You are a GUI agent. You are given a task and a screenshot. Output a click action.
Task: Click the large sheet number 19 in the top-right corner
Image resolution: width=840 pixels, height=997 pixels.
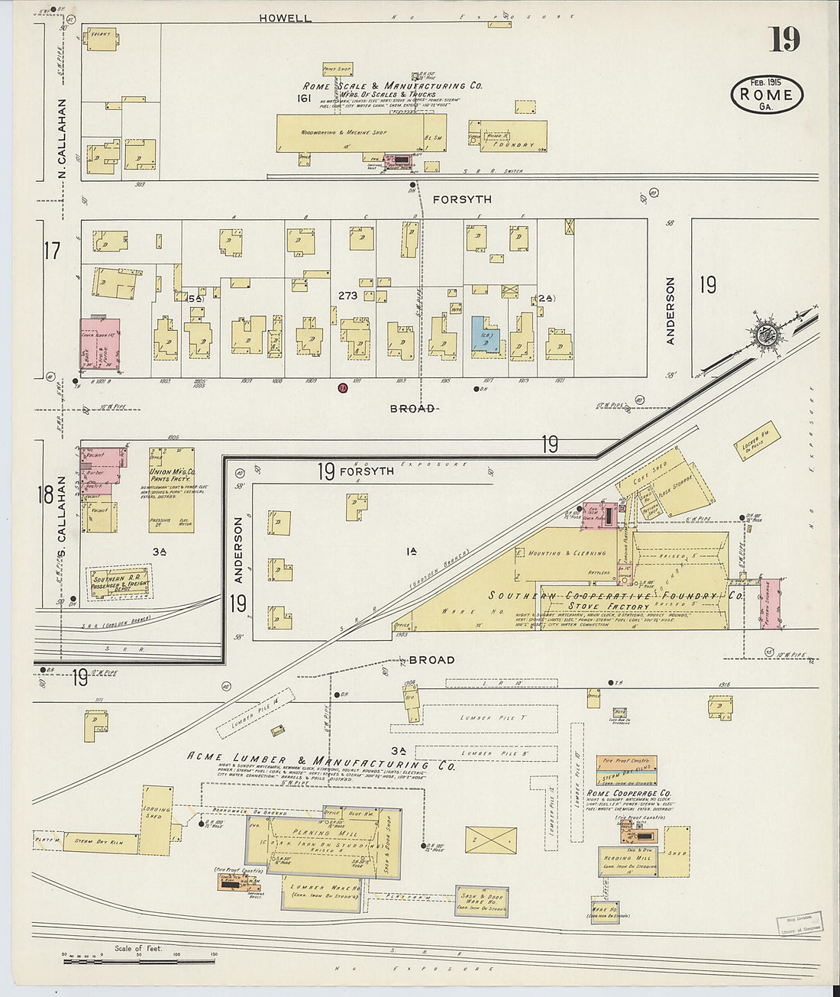pos(784,39)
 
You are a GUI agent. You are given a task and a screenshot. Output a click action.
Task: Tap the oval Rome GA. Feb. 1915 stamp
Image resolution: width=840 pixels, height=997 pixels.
pos(767,95)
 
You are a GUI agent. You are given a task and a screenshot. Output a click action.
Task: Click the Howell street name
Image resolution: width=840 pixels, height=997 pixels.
pos(285,18)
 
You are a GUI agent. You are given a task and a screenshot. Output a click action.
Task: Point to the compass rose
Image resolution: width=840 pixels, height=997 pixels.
pos(764,333)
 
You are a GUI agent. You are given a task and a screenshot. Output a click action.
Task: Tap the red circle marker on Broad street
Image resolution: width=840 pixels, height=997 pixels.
pos(343,387)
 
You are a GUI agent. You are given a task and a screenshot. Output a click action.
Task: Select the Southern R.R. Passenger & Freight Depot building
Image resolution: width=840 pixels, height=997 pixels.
pos(121,582)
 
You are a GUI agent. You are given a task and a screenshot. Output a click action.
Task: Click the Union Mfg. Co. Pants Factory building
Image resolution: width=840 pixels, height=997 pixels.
pos(171,490)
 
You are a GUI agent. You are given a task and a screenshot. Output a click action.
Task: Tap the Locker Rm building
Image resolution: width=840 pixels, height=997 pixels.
pos(755,441)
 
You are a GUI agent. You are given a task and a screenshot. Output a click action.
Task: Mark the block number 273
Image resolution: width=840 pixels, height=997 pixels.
pos(347,295)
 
